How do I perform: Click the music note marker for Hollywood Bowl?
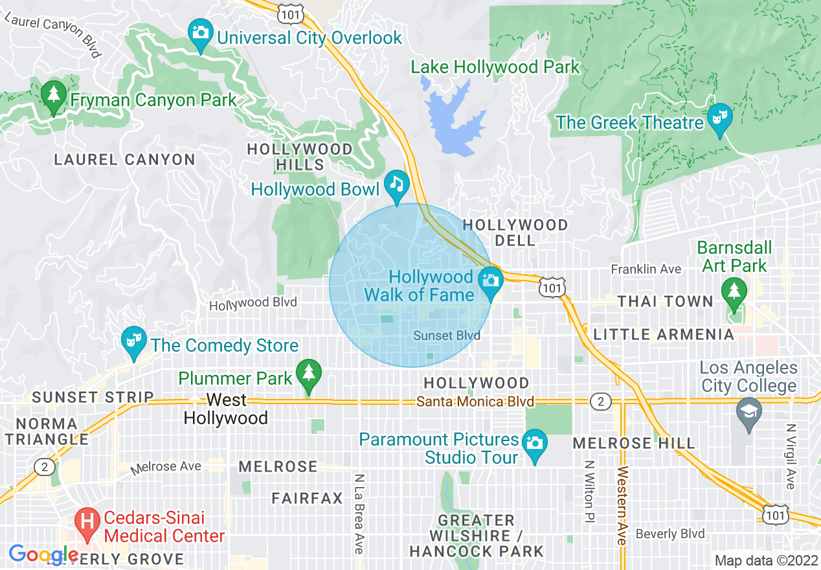[x=396, y=183]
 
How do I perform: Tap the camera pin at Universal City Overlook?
[x=201, y=32]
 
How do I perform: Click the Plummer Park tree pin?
[x=309, y=373]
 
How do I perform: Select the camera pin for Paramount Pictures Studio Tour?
[x=535, y=443]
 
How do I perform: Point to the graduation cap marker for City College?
[x=749, y=411]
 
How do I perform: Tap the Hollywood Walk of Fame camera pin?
[x=490, y=280]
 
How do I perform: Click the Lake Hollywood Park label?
[x=495, y=67]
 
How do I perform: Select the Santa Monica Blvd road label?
[x=475, y=402]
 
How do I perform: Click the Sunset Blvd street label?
[x=447, y=336]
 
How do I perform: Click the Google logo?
[x=43, y=554]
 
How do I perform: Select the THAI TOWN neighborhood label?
[x=665, y=302]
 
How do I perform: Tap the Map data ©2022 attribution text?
[x=766, y=560]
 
